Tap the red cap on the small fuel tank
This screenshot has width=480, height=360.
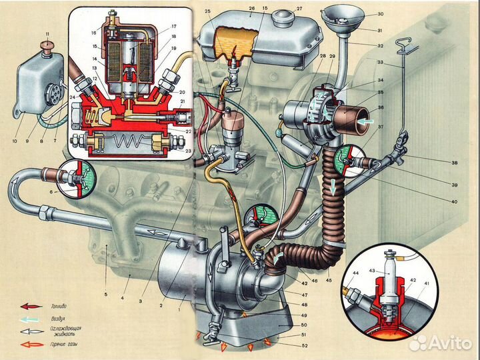[47, 45]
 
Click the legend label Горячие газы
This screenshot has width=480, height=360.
[60, 344]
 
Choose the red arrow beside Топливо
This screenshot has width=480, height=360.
[30, 306]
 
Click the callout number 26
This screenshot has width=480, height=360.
[251, 9]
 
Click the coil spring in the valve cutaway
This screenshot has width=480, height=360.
[130, 142]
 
